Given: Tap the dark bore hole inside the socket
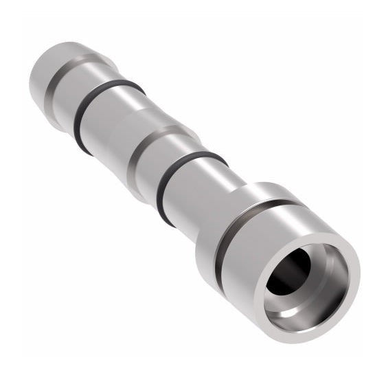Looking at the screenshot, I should pyautogui.click(x=292, y=275).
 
